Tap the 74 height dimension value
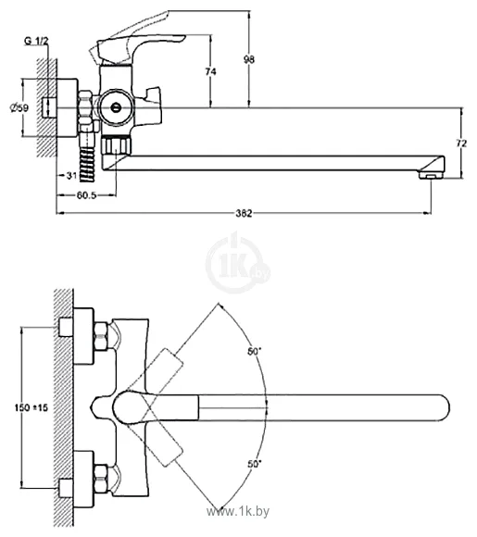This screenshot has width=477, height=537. (x=210, y=71)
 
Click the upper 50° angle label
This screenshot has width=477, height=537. (x=254, y=352)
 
